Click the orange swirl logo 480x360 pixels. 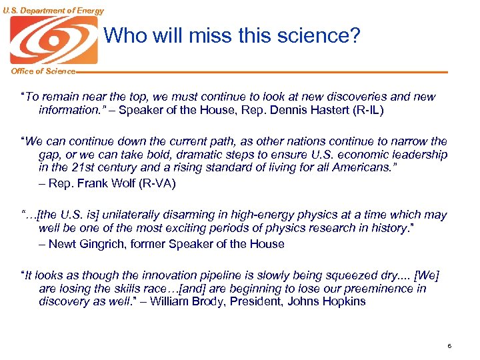(x=53, y=40)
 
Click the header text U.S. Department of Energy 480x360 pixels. (x=53, y=10)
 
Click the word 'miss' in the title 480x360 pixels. (x=193, y=35)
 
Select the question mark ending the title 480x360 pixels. (x=354, y=35)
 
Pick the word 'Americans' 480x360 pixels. (x=365, y=167)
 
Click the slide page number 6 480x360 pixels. (x=450, y=346)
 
